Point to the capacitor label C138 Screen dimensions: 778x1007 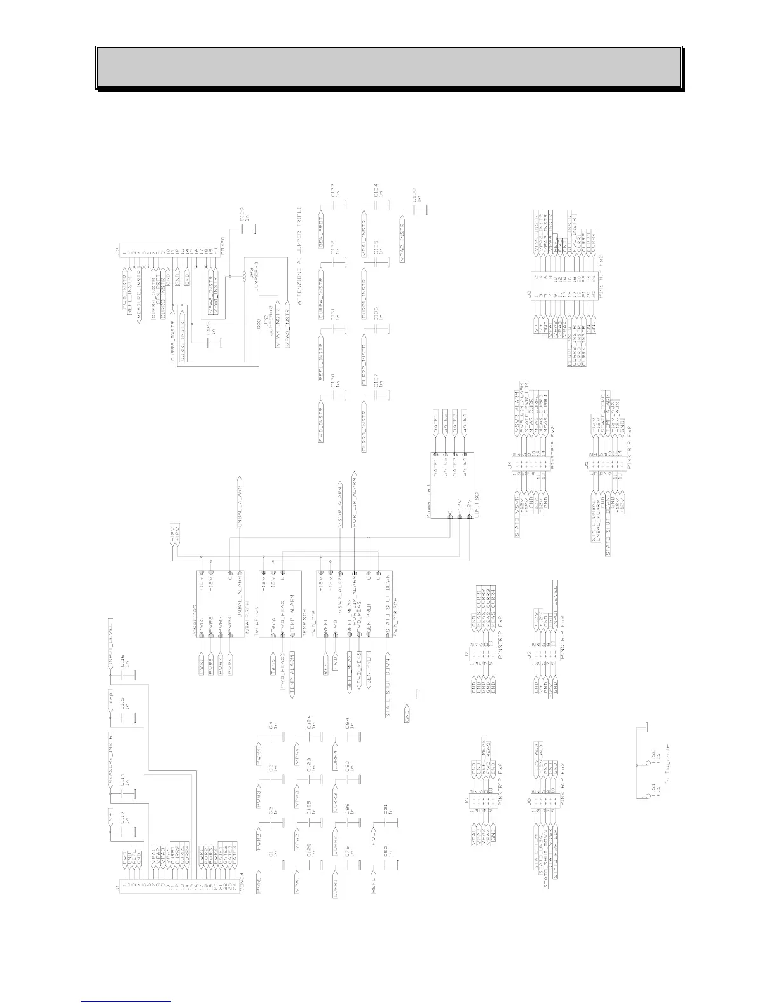[x=414, y=195]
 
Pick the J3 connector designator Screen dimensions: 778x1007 [x=529, y=293]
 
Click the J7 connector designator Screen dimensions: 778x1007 [x=467, y=654]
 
